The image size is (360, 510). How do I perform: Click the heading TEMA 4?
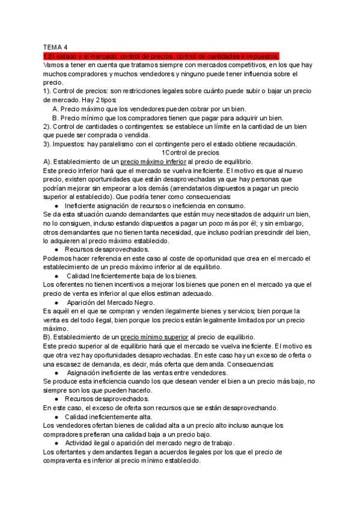click(56, 46)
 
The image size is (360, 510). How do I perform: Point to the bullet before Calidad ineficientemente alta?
click(56, 416)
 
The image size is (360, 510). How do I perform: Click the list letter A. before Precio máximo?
click(55, 109)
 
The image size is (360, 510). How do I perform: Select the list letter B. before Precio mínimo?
click(55, 118)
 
